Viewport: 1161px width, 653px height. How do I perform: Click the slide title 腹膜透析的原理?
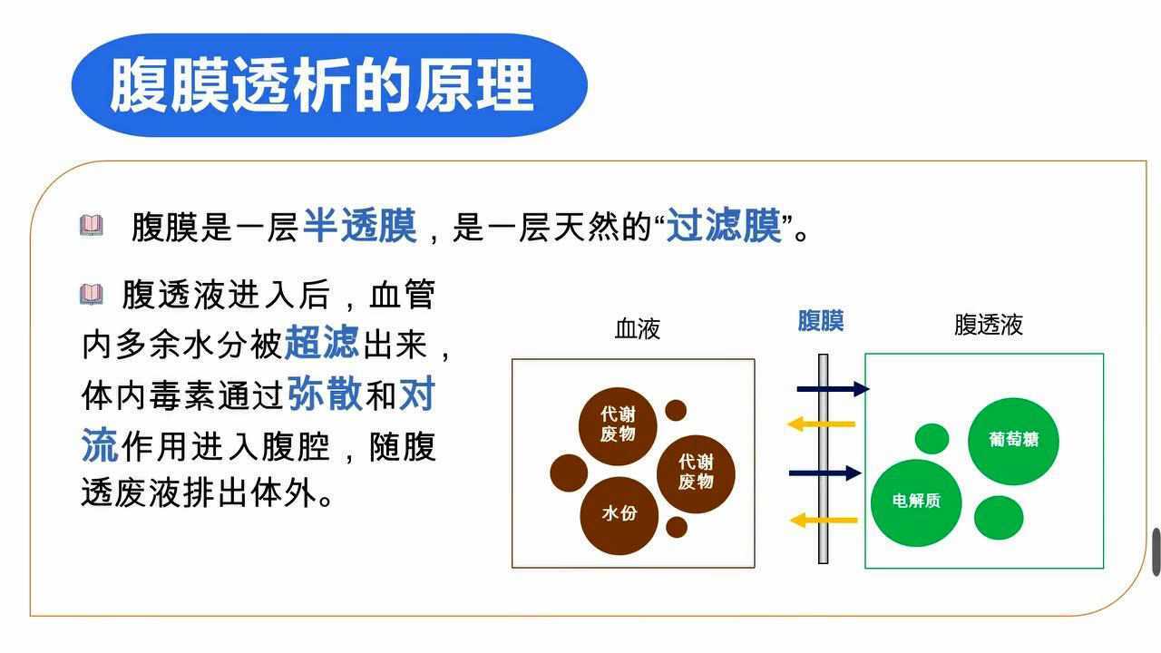click(322, 86)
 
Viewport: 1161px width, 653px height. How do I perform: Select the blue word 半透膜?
click(359, 226)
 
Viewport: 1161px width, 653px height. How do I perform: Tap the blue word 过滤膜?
click(724, 226)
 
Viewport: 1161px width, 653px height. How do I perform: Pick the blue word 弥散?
click(325, 394)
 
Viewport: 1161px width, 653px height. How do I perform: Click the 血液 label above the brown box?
click(637, 328)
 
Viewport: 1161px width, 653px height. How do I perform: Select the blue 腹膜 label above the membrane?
click(821, 321)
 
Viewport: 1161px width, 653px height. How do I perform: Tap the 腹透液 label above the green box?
click(988, 325)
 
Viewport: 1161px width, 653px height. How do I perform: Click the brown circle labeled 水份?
click(620, 514)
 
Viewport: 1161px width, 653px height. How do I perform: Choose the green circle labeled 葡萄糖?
click(1013, 441)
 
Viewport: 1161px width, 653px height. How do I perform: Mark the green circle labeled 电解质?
click(916, 502)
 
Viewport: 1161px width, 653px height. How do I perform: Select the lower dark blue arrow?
click(824, 473)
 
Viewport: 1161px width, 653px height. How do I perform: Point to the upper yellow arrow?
click(822, 424)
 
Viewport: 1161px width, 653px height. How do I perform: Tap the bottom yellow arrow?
click(823, 521)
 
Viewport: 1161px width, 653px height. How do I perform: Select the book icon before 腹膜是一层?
click(91, 225)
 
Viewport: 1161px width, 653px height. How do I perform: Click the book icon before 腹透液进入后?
click(91, 294)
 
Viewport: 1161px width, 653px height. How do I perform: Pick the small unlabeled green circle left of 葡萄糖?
click(932, 439)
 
